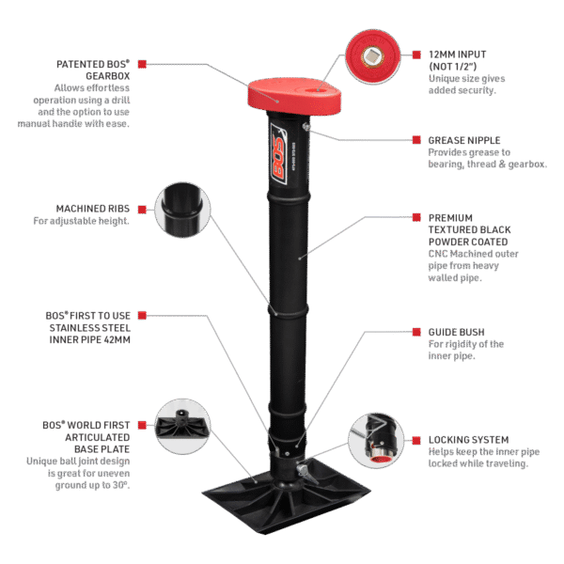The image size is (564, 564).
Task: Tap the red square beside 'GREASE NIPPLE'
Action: [x=418, y=140]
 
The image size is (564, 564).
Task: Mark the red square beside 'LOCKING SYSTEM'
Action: [x=418, y=440]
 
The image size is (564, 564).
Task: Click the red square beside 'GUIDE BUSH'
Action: [x=418, y=332]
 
